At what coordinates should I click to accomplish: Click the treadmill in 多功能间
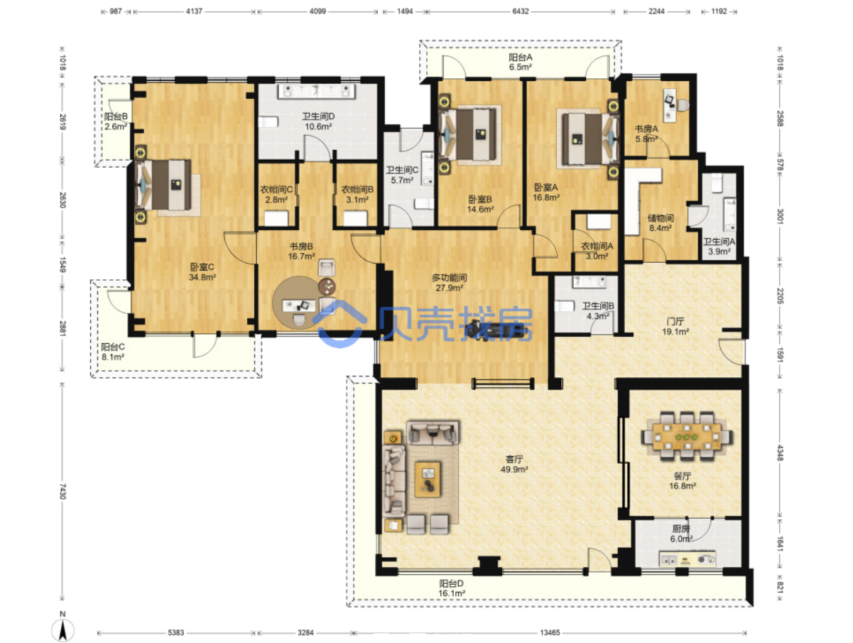click(x=496, y=328)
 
